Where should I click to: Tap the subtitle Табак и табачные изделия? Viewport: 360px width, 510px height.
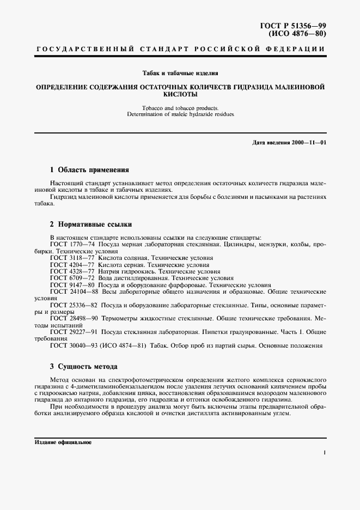(180, 72)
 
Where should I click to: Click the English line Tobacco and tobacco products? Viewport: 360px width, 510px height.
(180, 107)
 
